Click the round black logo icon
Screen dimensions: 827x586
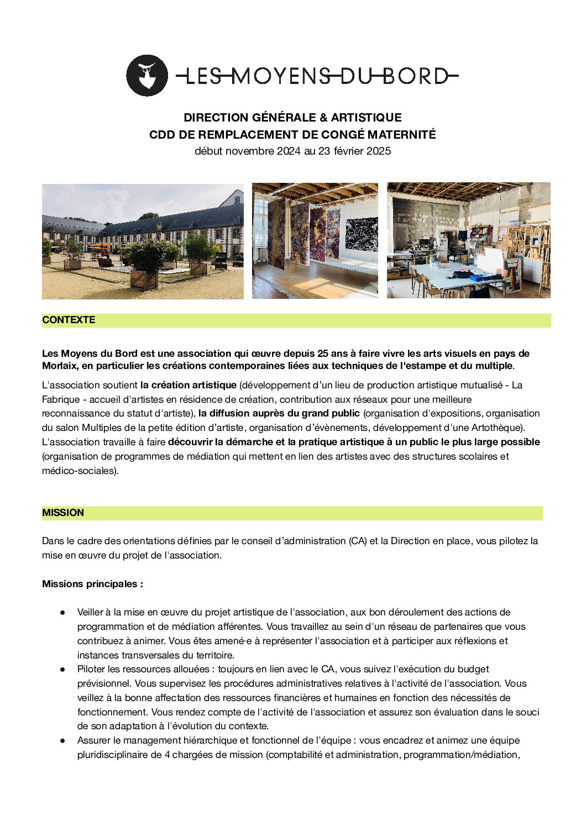(x=146, y=76)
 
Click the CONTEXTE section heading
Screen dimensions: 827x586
(x=69, y=320)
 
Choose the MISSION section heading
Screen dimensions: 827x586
(x=63, y=513)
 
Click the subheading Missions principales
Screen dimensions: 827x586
(x=92, y=584)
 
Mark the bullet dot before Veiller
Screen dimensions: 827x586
(x=63, y=612)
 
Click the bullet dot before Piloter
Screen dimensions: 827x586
(x=63, y=670)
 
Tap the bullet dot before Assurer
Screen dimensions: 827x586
(x=63, y=740)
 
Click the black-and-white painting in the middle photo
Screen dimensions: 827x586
(x=362, y=234)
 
